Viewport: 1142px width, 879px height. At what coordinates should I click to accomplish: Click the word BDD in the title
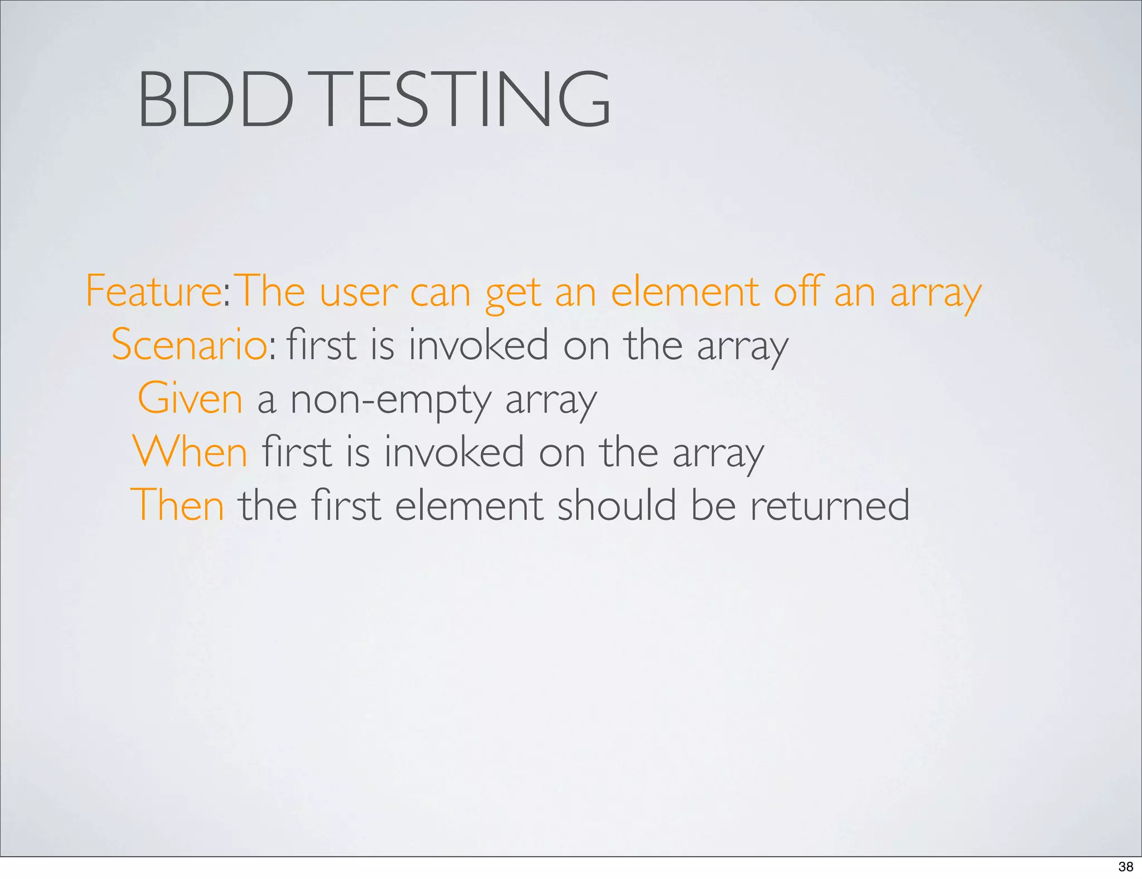coord(215,99)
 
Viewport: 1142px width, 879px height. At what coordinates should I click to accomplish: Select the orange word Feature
coord(154,291)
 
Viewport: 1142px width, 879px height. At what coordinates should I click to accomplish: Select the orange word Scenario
coord(188,345)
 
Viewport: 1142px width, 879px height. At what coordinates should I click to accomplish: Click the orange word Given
coord(190,398)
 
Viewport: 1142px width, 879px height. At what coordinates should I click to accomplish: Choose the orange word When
coord(190,452)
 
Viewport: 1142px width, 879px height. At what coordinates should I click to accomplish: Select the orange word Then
coord(177,505)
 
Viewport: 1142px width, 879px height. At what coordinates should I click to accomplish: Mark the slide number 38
coord(1126,867)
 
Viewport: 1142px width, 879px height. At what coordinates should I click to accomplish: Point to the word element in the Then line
coord(469,505)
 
